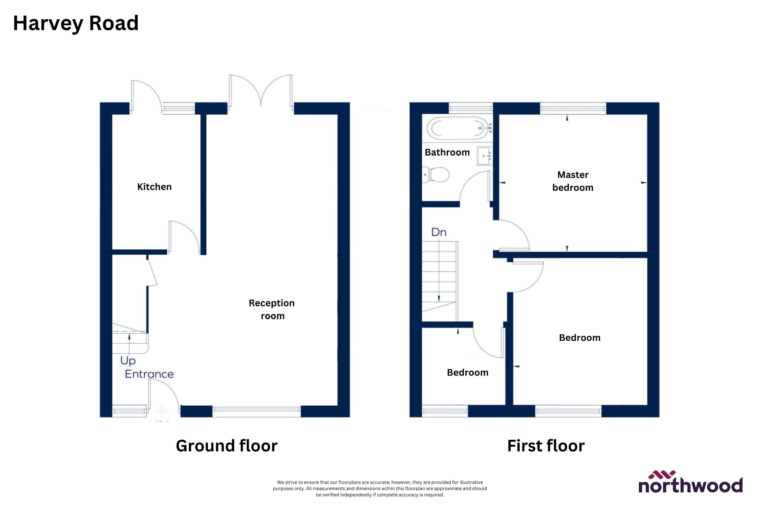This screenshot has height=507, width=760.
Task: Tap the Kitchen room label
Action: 154,187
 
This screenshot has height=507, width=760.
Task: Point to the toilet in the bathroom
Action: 436,175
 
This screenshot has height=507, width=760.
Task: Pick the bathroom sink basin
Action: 484,156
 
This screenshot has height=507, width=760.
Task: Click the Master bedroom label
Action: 573,181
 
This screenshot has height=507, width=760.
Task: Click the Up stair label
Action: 128,361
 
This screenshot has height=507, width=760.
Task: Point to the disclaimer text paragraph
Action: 380,488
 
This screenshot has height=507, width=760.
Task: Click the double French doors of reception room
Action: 261,92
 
